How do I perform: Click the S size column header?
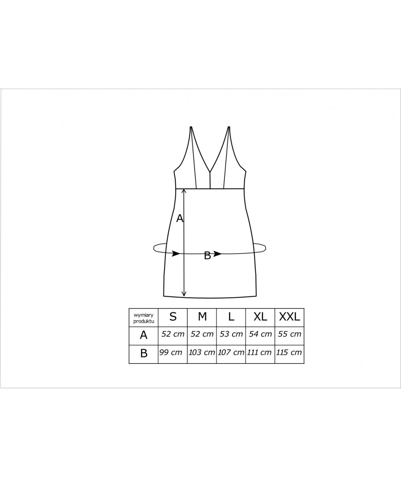point(173,317)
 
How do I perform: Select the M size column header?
point(202,317)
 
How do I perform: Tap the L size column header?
point(231,317)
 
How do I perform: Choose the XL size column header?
point(260,317)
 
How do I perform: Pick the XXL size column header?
point(290,317)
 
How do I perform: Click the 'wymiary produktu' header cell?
point(144,318)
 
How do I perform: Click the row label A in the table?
point(144,335)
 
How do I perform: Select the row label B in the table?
point(144,353)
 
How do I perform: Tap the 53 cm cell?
point(231,334)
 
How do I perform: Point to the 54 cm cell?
point(260,334)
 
